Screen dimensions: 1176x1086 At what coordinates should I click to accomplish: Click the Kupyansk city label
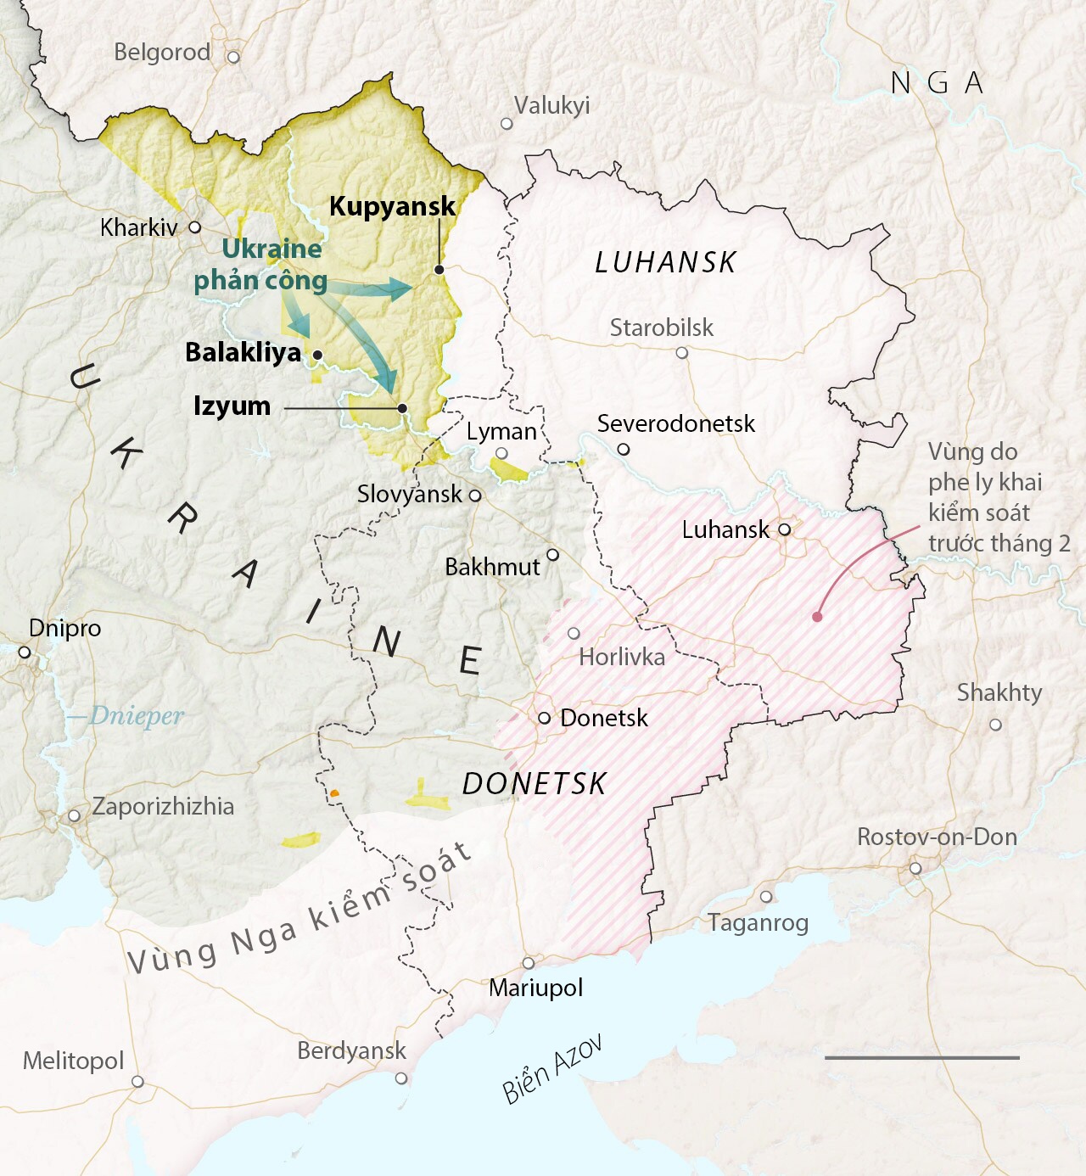coord(392,206)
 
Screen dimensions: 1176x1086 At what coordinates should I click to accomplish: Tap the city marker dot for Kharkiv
coord(195,227)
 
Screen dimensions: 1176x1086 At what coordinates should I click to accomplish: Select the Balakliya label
coord(243,352)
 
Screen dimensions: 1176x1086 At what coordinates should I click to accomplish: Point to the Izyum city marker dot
coord(402,408)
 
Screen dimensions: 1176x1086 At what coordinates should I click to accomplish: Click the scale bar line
coord(921,1057)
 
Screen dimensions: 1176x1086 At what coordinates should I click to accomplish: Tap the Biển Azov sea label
coord(552,1069)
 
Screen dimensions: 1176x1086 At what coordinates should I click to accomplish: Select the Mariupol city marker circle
coord(529,963)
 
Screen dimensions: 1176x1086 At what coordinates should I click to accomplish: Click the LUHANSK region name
coord(665,263)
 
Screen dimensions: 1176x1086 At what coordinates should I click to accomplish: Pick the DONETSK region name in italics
coord(535,784)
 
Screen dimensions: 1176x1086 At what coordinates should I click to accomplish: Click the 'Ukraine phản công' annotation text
coord(261,265)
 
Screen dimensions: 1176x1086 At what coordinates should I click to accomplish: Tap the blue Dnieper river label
coord(136,716)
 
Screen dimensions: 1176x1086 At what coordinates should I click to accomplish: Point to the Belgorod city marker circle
coord(233,57)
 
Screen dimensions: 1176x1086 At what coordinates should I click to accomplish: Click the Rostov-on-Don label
coord(937,837)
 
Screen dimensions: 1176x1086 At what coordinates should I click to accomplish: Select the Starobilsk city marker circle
coord(682,352)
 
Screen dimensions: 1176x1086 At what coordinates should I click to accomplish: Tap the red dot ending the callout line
coord(817,617)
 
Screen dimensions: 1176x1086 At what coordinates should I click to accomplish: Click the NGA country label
coord(938,83)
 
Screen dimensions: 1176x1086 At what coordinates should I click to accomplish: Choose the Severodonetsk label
coord(675,423)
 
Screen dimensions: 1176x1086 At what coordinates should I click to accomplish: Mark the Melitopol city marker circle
coord(137,1082)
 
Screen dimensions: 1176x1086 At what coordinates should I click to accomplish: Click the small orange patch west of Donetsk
coord(334,792)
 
